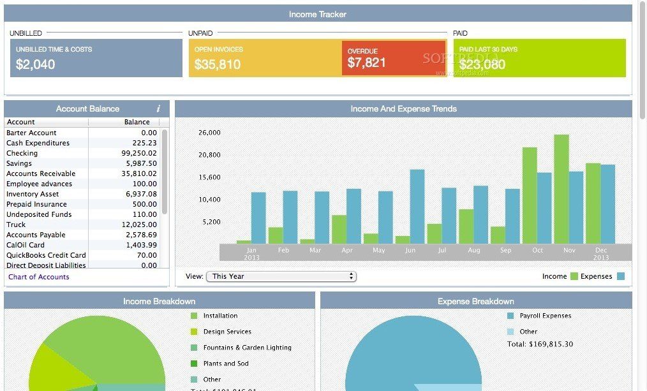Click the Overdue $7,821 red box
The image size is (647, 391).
pos(384,58)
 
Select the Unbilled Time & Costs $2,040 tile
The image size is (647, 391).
pos(96,58)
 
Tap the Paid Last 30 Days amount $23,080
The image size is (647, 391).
pos(482,64)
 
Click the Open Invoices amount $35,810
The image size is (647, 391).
pos(218,64)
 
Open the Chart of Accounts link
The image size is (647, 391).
pos(39,277)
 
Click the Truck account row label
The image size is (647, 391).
pos(16,225)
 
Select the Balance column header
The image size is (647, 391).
pos(137,122)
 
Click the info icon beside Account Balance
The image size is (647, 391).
pos(158,109)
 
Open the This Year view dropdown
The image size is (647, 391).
pos(281,276)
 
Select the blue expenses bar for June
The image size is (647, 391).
pos(417,206)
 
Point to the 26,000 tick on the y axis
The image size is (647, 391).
pos(209,133)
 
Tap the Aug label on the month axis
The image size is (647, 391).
pos(473,251)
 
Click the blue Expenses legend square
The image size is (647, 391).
pos(620,276)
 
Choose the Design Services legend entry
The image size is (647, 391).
pos(227,332)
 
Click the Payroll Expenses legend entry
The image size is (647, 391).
pos(545,316)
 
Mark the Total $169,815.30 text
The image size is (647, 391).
pos(540,344)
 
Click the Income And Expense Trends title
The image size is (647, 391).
pos(403,109)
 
